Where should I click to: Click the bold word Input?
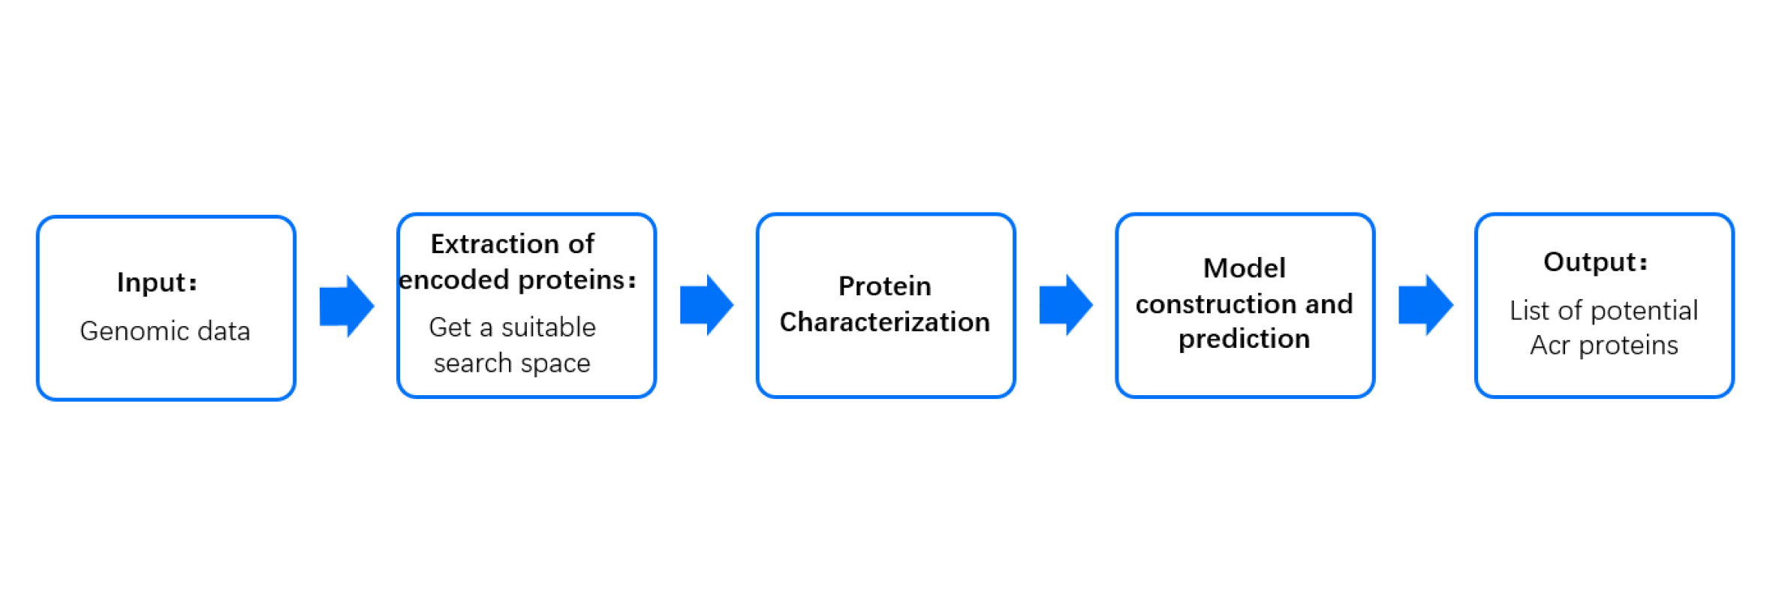[x=152, y=283]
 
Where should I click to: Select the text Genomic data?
[x=165, y=331]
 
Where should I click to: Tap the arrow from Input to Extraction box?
[x=347, y=306]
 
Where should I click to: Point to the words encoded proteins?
[x=512, y=280]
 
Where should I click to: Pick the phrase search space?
[x=512, y=364]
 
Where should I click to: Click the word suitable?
[x=549, y=328]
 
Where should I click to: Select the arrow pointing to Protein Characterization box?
[x=706, y=305]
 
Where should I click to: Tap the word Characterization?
[x=885, y=322]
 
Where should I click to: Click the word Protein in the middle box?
[x=885, y=286]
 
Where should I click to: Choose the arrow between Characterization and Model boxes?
[x=1066, y=305]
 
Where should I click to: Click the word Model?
[x=1245, y=268]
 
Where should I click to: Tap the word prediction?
[x=1245, y=340]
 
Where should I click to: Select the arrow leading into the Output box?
[x=1426, y=305]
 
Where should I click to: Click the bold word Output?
[x=1590, y=262]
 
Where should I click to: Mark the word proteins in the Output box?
[x=1629, y=346]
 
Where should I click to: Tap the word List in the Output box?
[x=1530, y=310]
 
